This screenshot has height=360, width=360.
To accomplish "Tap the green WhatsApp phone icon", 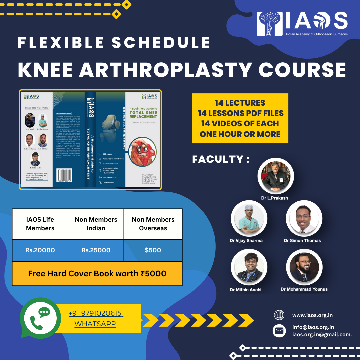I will [x=41, y=318].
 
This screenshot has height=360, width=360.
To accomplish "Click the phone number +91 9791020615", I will [x=96, y=313].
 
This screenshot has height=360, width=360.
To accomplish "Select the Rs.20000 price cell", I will [x=40, y=250].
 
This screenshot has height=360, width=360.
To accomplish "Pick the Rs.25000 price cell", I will [x=96, y=250].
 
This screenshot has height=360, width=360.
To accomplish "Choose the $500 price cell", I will [x=153, y=250].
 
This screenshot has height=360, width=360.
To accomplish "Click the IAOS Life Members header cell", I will [x=40, y=224].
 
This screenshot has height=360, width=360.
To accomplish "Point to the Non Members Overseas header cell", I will [x=153, y=224].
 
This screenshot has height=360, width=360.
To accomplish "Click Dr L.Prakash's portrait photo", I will [x=275, y=176].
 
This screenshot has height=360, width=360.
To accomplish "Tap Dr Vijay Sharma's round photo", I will [x=249, y=218].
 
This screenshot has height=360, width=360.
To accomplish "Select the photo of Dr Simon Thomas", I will [x=304, y=218].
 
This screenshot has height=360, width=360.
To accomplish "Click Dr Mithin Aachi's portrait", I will [x=249, y=267].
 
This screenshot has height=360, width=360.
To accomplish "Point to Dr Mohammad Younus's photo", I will [x=304, y=267].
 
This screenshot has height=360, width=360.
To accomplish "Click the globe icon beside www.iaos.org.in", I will [x=279, y=315].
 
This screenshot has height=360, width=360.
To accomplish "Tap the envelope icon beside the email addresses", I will [x=279, y=331].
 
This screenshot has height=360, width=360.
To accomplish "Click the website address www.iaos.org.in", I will [x=312, y=315].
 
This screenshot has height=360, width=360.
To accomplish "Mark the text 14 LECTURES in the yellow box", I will [x=240, y=103].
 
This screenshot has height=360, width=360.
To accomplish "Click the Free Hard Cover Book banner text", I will [x=97, y=274].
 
